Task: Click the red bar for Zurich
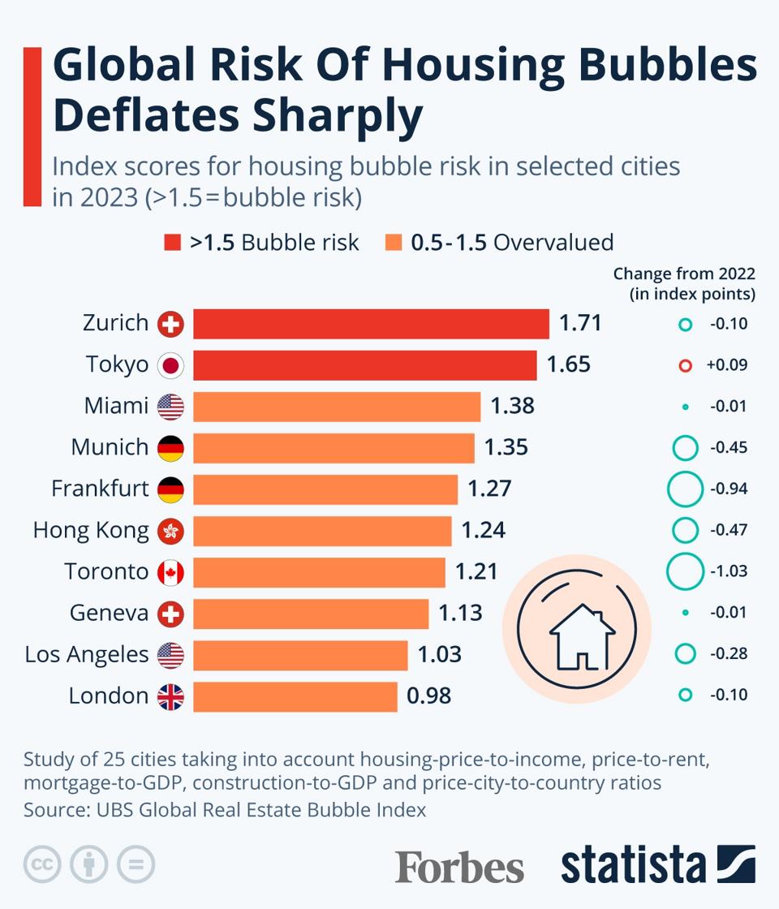(371, 324)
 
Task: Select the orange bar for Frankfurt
(325, 489)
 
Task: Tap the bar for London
(295, 696)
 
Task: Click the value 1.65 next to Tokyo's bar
(568, 365)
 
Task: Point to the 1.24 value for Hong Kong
(483, 531)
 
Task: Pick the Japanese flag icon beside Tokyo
(170, 365)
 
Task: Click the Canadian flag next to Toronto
(170, 572)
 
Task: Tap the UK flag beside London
(170, 696)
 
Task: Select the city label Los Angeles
(87, 654)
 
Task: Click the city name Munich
(110, 447)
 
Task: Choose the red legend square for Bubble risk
(173, 243)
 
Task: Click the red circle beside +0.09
(685, 366)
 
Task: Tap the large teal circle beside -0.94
(684, 489)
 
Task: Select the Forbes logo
(459, 867)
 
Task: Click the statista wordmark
(634, 865)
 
